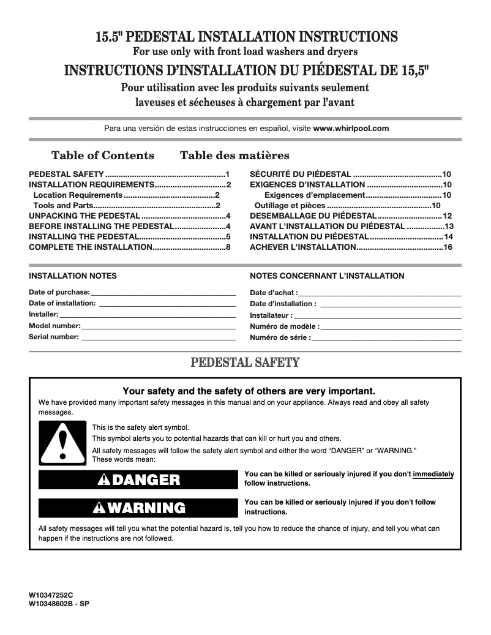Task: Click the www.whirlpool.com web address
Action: tap(351, 129)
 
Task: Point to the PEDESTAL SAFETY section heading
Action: tap(245, 363)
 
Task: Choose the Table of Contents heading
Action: tap(103, 156)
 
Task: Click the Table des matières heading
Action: tap(234, 156)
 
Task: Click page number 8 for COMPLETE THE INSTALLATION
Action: tap(228, 247)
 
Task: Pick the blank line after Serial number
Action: tap(159, 337)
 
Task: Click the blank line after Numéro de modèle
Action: tap(391, 327)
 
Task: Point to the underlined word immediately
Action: tap(433, 474)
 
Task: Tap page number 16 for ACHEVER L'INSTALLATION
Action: tap(448, 247)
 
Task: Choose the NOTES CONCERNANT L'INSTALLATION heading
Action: tap(327, 276)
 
